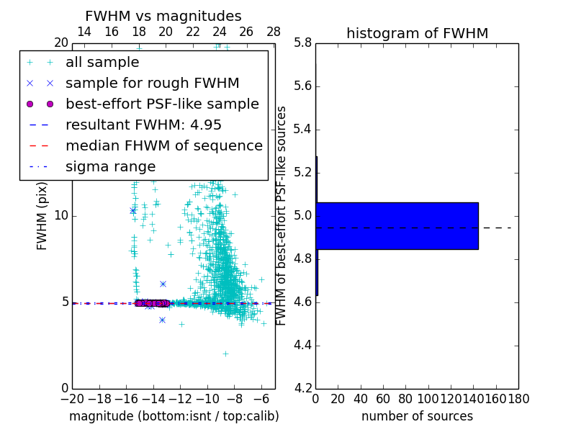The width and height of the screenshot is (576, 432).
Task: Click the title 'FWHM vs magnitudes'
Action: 163,17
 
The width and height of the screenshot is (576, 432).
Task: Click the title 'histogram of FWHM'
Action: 417,33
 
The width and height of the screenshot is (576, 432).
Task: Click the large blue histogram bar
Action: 397,226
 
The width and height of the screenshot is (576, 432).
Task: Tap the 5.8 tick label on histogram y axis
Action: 302,43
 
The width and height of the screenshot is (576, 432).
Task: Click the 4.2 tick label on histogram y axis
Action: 302,388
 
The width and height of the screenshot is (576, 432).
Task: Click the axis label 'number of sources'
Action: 417,416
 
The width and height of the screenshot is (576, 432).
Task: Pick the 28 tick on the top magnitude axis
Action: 274,32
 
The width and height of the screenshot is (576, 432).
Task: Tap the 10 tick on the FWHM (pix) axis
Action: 60,216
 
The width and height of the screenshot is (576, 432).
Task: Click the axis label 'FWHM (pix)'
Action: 42,216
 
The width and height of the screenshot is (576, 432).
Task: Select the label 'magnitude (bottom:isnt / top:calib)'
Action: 174,416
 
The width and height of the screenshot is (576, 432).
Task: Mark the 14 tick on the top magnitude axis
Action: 84,32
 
